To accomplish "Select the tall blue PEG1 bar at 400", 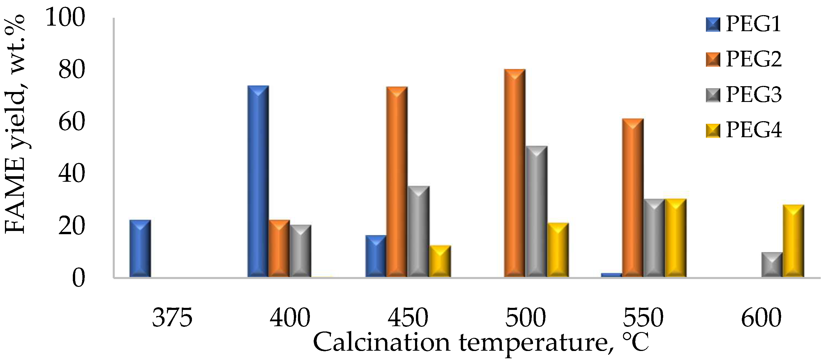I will click(x=258, y=181).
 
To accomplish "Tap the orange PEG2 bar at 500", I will click(x=515, y=173).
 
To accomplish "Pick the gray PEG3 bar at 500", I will click(x=536, y=211).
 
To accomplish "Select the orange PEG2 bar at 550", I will click(x=633, y=197).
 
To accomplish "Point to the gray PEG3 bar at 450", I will click(x=419, y=231).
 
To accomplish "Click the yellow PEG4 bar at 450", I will click(x=440, y=261).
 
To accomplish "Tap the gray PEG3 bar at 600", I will click(x=772, y=264).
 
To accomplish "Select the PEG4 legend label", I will click(x=753, y=130).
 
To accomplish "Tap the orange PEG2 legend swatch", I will click(x=713, y=60).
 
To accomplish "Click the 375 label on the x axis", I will click(x=172, y=318).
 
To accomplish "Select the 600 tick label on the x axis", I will click(x=761, y=318).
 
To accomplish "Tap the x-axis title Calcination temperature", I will click(x=481, y=342).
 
